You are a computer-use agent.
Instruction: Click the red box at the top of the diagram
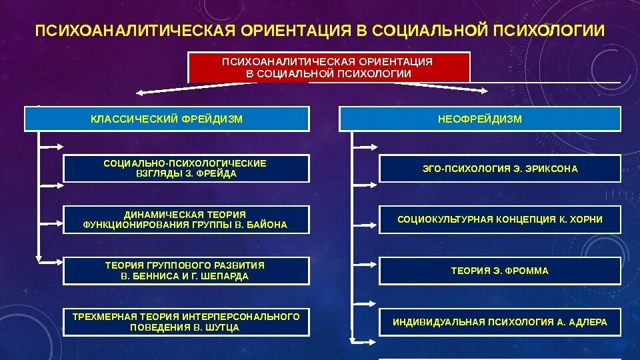pos(329,67)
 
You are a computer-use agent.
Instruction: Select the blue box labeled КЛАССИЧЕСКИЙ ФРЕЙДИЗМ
pos(167,119)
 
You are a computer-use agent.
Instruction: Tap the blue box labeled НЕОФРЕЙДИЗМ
pos(480,119)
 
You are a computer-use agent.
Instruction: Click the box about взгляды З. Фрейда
pos(186,169)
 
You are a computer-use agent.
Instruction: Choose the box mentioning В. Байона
pos(186,219)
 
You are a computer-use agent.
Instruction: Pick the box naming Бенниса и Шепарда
pos(186,271)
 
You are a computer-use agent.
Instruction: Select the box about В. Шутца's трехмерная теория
pos(186,322)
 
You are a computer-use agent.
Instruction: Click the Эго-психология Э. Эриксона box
pos(499,169)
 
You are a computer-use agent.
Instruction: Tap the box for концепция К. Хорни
pos(499,219)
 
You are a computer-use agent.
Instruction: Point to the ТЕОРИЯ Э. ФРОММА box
pos(499,271)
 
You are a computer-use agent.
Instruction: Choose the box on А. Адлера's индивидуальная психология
pos(499,322)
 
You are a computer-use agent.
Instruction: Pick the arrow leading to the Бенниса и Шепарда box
pos(52,261)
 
